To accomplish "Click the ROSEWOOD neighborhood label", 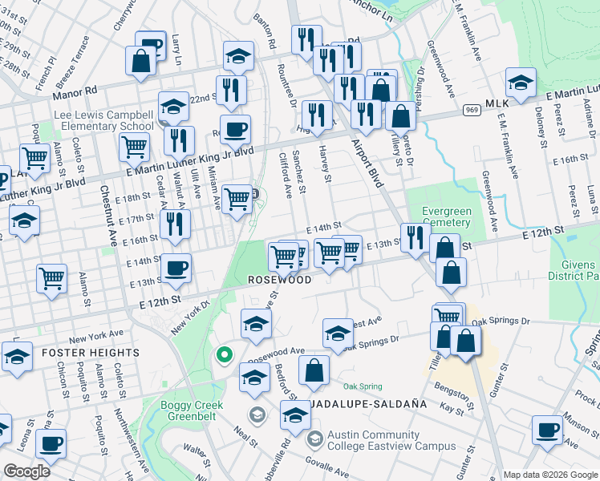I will pos(279,281).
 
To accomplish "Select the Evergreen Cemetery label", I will pos(446,217).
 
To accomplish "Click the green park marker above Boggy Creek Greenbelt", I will pos(225,354).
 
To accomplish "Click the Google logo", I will pos(26,471).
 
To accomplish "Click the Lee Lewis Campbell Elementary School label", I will pos(104,120).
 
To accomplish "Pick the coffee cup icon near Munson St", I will pos(549,430).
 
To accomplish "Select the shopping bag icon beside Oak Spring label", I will pos(314,370).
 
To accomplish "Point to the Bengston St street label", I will pos(452,395).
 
